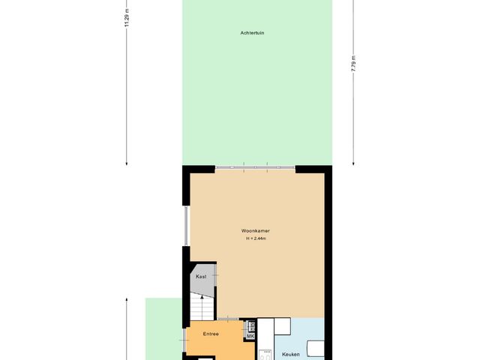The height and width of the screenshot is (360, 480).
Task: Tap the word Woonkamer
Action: [x=256, y=231]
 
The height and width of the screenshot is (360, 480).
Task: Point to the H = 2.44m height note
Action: [x=256, y=239]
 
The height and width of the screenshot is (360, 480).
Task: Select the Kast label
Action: [x=201, y=277]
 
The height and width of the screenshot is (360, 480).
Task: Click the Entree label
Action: [x=211, y=334]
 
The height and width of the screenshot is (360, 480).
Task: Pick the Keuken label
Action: [x=291, y=353]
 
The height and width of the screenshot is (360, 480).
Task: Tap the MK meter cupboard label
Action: [x=250, y=336]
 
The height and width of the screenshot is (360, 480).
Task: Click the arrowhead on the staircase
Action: [x=201, y=296]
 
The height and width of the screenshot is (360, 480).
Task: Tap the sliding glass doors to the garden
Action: [x=255, y=166]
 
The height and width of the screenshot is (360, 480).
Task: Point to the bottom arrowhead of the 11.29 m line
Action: [x=127, y=162]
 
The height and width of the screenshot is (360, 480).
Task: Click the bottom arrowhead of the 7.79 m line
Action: [x=353, y=162]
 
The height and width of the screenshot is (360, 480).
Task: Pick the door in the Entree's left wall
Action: [x=184, y=342]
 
